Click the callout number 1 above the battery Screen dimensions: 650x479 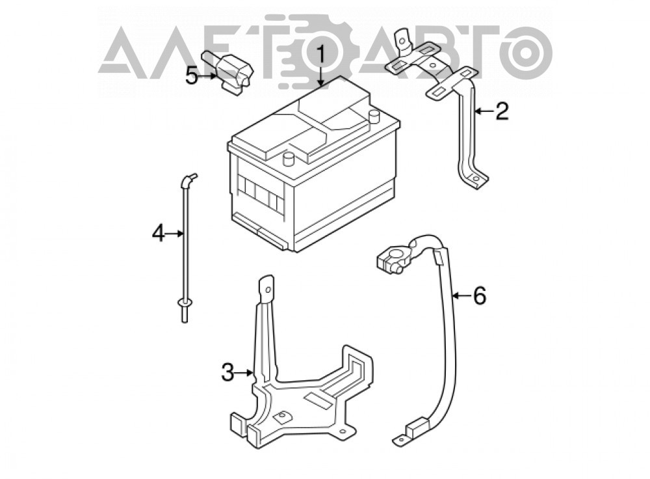321,56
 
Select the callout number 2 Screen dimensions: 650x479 502,111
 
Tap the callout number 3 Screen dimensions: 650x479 227,372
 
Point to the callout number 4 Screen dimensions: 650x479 159,233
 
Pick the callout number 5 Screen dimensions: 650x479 191,76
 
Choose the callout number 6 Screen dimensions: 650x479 479,296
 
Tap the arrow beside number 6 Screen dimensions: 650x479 461,296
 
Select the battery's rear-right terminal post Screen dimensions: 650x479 374,116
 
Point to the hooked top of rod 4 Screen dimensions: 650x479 188,180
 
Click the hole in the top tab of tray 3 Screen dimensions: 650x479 268,290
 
